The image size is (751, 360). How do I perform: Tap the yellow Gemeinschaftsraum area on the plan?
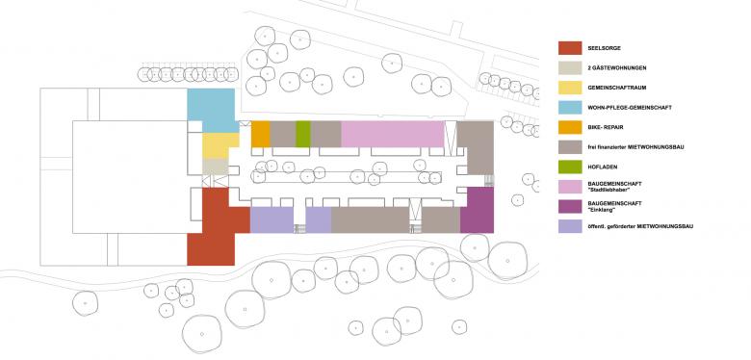click(x=220, y=145)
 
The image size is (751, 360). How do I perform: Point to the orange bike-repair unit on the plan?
click(x=260, y=134)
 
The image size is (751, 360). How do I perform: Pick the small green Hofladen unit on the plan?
click(x=302, y=134)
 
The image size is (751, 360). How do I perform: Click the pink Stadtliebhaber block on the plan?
click(x=392, y=134)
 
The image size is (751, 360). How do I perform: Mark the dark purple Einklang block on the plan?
click(x=477, y=210)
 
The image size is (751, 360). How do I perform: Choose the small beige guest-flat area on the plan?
click(x=214, y=167)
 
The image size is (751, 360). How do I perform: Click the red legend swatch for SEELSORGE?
click(x=570, y=48)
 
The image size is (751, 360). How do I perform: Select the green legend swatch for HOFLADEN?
click(x=570, y=166)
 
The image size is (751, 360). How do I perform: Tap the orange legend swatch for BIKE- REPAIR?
click(x=570, y=126)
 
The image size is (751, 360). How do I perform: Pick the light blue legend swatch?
click(x=570, y=107)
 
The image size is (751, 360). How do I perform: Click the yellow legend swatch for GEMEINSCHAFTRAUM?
click(x=570, y=88)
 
